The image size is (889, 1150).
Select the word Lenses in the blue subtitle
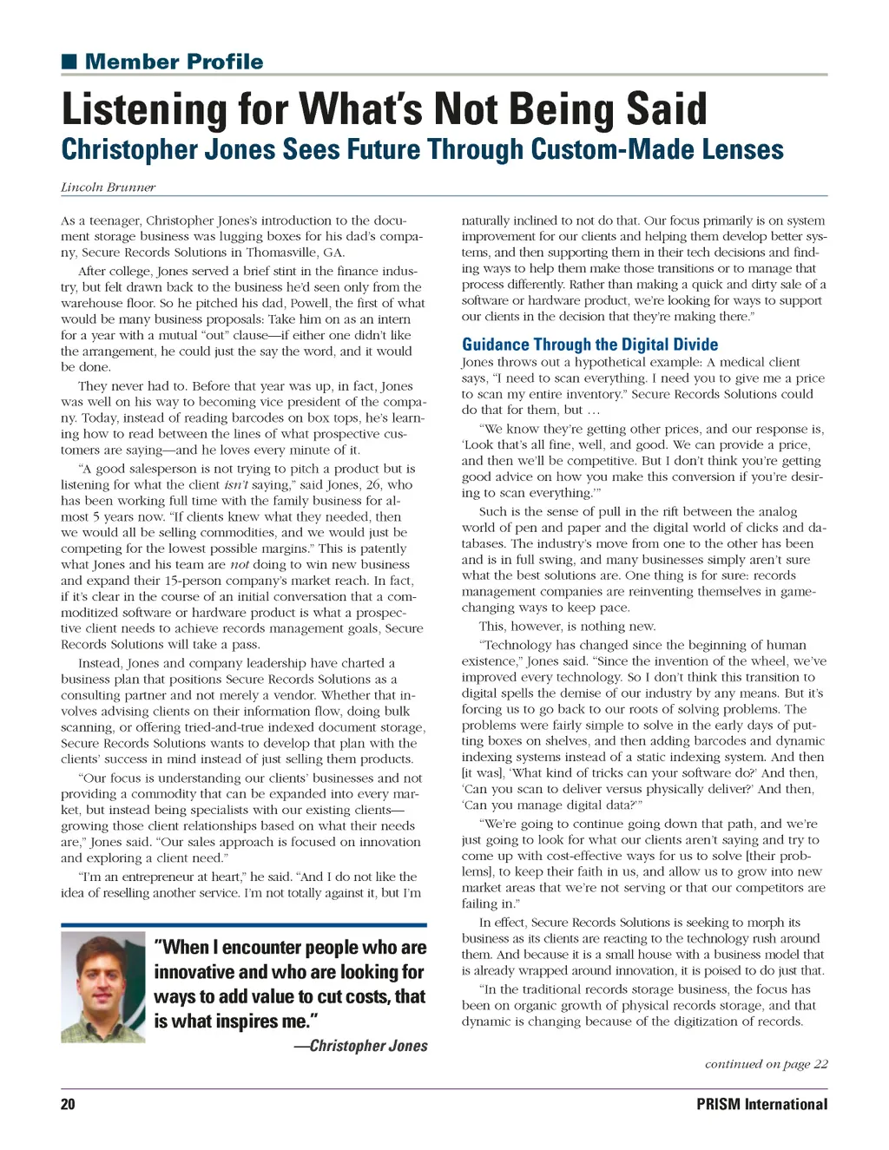coord(742,149)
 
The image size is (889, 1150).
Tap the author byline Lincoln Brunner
coord(109,187)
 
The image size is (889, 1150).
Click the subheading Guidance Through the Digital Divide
coord(589,345)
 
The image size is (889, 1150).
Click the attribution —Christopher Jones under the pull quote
coord(360,1046)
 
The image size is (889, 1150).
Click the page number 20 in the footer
coord(68,1104)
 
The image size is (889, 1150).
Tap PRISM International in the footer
coord(761,1104)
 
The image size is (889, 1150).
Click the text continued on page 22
coord(766,1064)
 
